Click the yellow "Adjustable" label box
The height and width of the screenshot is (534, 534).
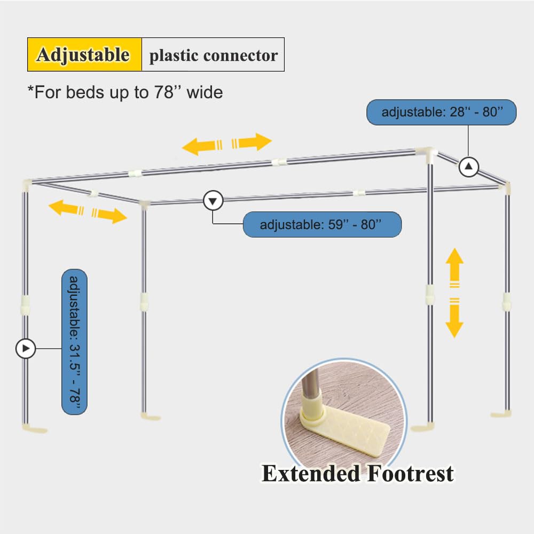(84, 54)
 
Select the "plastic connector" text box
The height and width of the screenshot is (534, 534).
(213, 55)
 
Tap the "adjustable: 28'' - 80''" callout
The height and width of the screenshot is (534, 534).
(442, 112)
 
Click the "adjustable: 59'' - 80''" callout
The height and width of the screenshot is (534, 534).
(322, 224)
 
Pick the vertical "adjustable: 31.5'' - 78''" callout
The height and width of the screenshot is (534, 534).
(74, 342)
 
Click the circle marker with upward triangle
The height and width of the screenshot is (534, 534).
(469, 168)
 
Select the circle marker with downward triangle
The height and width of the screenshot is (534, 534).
(214, 201)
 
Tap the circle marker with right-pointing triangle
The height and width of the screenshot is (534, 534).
(25, 349)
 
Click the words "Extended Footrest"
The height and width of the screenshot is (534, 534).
(357, 474)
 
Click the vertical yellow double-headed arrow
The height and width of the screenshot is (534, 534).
(454, 293)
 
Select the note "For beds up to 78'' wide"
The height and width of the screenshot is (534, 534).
(125, 92)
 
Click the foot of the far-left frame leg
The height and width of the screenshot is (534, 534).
(34, 427)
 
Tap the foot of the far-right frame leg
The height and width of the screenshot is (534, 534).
(501, 414)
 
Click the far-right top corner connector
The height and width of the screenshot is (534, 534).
(506, 187)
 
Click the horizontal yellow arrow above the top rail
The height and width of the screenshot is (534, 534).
(227, 144)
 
